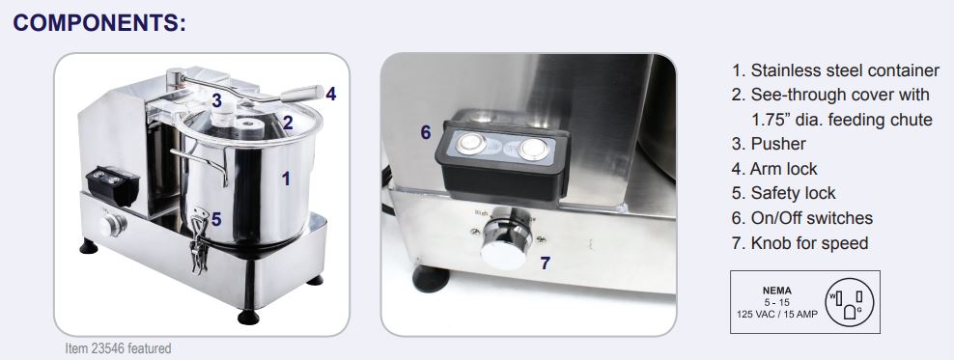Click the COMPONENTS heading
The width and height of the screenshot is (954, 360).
(x=99, y=22)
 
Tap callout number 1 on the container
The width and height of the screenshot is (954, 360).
(x=286, y=179)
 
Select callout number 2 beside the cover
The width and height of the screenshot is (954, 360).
(x=288, y=123)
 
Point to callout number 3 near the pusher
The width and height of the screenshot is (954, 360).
(x=216, y=101)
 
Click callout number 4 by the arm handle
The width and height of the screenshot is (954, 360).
(x=330, y=94)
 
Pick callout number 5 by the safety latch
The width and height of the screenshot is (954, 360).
(x=216, y=219)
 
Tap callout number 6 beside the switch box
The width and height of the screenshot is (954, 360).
(x=426, y=132)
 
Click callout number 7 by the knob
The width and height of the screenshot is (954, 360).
(x=546, y=263)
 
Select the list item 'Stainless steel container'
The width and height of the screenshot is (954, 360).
(x=835, y=70)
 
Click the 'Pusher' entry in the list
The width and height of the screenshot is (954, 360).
(x=769, y=144)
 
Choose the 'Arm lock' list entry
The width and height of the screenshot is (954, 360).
(x=774, y=169)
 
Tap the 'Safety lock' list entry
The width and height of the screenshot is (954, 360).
(x=784, y=193)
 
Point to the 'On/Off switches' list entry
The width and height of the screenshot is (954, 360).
(x=801, y=218)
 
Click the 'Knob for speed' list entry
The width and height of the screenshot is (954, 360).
(x=800, y=243)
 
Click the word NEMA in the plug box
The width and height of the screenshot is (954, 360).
(x=777, y=291)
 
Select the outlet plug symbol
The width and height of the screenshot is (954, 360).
(x=849, y=302)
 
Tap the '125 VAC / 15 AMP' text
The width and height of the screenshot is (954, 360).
(x=777, y=314)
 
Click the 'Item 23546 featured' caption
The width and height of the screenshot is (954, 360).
(x=118, y=349)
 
